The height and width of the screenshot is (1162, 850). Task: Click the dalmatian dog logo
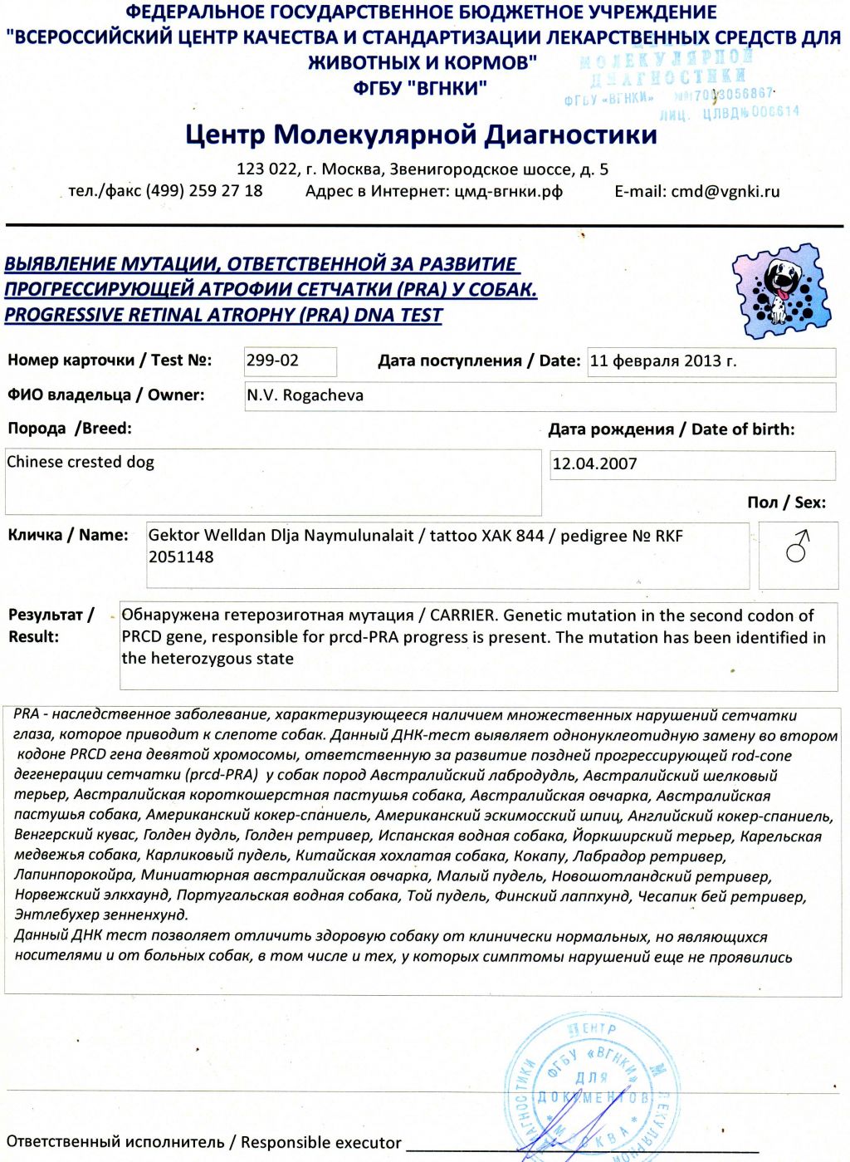coord(779,290)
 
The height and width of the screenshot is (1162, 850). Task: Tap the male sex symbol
coord(798,546)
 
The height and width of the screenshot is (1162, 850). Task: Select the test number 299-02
coord(272,360)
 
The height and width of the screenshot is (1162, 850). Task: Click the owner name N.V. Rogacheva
coord(305,395)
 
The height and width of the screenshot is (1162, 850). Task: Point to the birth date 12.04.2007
coord(594,463)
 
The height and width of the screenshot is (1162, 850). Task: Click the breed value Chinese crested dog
coord(81,462)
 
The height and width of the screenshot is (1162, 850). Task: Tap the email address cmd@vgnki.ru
coord(725,191)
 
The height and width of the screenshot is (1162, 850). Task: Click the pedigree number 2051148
coord(181,557)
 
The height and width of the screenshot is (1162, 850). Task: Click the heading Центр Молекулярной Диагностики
coord(421,134)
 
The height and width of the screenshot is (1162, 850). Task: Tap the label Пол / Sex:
coord(786,503)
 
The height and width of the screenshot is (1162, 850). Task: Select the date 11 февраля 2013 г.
coord(662,361)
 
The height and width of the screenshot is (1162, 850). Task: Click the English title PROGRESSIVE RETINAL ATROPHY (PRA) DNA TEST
coord(223,315)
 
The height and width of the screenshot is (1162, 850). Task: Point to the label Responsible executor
coord(320,1143)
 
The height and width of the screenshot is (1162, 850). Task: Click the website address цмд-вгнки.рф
coord(508,191)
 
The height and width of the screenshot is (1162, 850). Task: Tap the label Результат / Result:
coord(49,625)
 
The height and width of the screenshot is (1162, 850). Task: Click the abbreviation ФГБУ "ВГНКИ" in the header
coord(420,88)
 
